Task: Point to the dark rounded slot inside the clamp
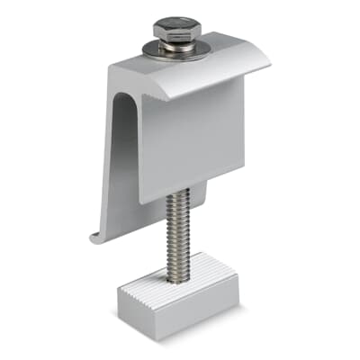[x=122, y=162]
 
